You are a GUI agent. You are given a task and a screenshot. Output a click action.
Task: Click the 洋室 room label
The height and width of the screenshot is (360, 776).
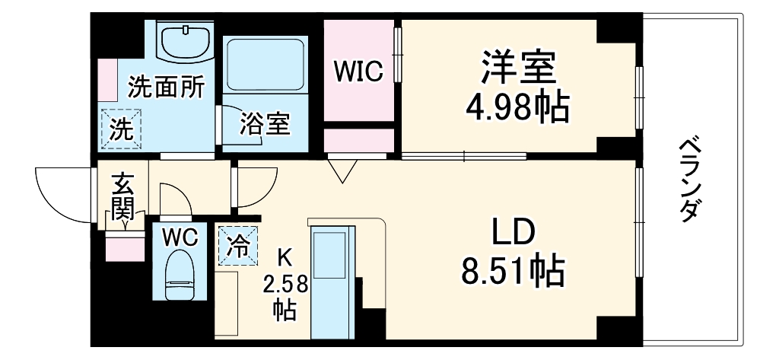517,69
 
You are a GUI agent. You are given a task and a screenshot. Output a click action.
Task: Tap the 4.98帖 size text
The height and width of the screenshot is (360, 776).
517,108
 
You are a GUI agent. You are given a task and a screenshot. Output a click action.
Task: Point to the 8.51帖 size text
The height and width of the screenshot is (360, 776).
514,270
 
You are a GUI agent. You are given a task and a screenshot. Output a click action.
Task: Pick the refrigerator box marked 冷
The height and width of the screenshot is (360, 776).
237,246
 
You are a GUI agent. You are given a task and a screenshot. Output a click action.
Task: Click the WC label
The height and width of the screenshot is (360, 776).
180,237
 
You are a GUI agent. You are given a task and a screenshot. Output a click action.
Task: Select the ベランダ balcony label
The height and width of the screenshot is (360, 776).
689,179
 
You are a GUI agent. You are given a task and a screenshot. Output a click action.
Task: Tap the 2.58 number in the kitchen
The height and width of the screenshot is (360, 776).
285,285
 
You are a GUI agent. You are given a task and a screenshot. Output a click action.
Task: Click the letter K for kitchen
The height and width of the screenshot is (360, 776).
284,256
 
